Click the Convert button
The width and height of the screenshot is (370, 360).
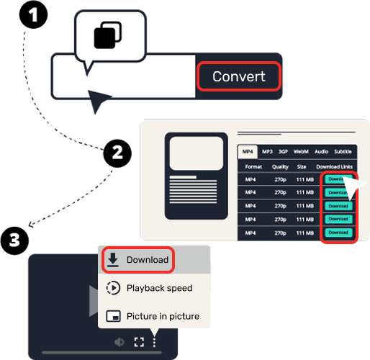[x=238, y=77]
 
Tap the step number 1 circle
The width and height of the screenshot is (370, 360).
[x=32, y=14]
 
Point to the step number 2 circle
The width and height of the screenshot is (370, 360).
[x=117, y=152]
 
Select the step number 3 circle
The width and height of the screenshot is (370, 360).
[x=14, y=239]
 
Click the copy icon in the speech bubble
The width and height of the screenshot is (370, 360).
[x=108, y=35]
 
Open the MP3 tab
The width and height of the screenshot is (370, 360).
[x=267, y=151]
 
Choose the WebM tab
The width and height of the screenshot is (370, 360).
[x=302, y=151]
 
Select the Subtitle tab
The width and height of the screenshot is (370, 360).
[x=343, y=151]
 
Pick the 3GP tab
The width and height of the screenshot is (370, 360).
[x=284, y=151]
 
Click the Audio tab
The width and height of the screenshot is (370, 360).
[x=321, y=151]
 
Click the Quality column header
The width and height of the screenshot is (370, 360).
[x=280, y=166]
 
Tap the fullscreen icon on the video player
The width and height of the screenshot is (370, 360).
[x=139, y=342]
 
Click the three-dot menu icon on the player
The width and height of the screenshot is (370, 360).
[x=154, y=342]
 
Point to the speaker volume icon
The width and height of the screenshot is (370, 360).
[x=120, y=342]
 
